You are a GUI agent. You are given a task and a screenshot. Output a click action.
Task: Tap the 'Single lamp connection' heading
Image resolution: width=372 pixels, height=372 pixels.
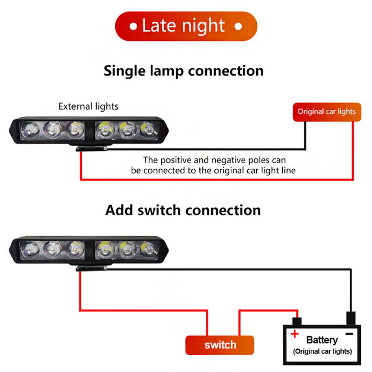[x=183, y=70]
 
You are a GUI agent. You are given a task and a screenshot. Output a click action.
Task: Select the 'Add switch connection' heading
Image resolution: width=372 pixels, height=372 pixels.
[x=183, y=210]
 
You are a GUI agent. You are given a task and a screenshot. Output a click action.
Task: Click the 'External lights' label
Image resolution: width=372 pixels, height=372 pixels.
[x=88, y=106]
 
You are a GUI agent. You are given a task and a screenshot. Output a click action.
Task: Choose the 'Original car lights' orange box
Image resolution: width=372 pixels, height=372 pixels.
[x=327, y=112]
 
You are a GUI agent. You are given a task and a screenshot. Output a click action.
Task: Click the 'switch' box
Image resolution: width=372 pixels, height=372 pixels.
[x=220, y=345]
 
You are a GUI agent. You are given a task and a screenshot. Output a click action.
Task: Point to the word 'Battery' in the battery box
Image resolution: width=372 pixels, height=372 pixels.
[x=322, y=340]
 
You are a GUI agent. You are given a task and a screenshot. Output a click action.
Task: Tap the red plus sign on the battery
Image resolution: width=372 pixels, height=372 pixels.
[x=295, y=334]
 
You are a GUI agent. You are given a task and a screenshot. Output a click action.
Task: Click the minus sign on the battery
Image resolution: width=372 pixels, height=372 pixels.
[x=349, y=334]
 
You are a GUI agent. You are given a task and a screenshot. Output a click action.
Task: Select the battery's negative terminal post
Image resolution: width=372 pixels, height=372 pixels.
[x=351, y=318]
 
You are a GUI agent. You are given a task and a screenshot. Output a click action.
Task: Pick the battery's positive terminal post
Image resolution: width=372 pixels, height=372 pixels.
[x=296, y=321]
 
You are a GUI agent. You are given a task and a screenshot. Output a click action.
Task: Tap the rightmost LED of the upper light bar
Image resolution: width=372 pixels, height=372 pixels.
[x=149, y=130]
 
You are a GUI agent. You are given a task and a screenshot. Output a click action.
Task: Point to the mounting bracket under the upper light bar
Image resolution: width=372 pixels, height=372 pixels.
[x=92, y=148]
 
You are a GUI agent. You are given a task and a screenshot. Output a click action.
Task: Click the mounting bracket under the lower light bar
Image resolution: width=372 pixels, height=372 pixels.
[x=93, y=268]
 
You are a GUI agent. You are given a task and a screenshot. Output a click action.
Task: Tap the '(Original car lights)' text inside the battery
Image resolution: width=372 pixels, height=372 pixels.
[x=322, y=351]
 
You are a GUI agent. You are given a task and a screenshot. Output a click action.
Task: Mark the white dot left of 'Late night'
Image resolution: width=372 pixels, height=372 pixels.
[x=133, y=26]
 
